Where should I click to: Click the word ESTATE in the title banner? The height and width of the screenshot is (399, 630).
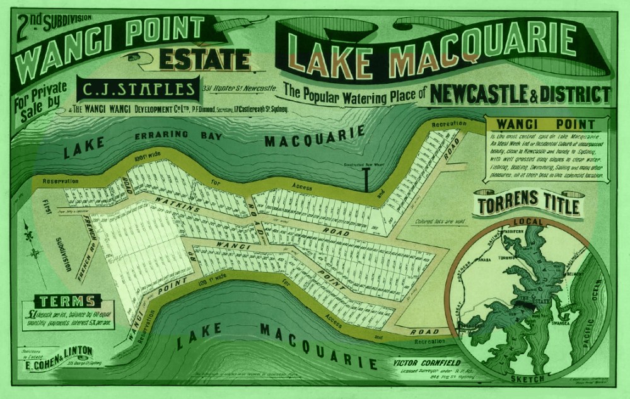click(204, 61)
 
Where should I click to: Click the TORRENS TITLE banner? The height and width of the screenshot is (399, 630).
click(530, 206)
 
